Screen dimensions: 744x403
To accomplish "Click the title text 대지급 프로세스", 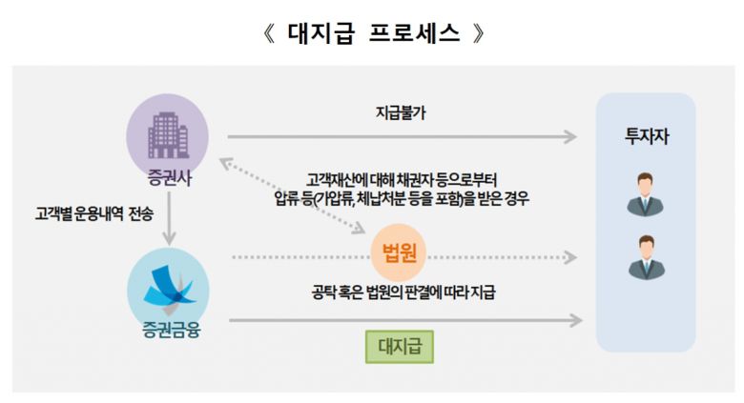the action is click(x=374, y=33).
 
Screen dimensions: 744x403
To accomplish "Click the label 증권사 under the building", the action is click(x=170, y=178).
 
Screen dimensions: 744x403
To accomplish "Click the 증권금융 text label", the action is click(x=172, y=330).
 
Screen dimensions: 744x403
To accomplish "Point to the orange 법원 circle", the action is click(x=400, y=253).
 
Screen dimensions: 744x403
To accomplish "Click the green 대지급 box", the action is click(x=400, y=347).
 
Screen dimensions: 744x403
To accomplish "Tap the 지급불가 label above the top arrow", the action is click(x=401, y=112).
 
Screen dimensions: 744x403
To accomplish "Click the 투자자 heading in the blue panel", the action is click(x=647, y=136).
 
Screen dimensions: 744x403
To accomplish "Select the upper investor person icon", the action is click(x=646, y=194).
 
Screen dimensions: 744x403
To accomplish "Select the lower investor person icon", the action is click(x=647, y=257).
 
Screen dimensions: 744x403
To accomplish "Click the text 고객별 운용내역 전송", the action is click(x=93, y=213).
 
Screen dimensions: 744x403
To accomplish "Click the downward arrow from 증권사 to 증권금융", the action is click(x=169, y=217).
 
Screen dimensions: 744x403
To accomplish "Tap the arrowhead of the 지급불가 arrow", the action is click(x=570, y=137).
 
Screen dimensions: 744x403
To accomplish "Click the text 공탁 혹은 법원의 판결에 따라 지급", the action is click(x=403, y=292).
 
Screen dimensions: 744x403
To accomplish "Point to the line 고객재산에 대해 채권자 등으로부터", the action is click(x=402, y=181).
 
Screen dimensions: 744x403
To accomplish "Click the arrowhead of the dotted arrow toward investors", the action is click(x=570, y=257).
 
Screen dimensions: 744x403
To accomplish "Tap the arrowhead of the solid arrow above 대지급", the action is click(x=575, y=320).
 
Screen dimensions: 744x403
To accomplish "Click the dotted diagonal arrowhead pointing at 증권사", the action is click(x=225, y=164).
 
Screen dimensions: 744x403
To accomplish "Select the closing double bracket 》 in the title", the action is click(x=479, y=33).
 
